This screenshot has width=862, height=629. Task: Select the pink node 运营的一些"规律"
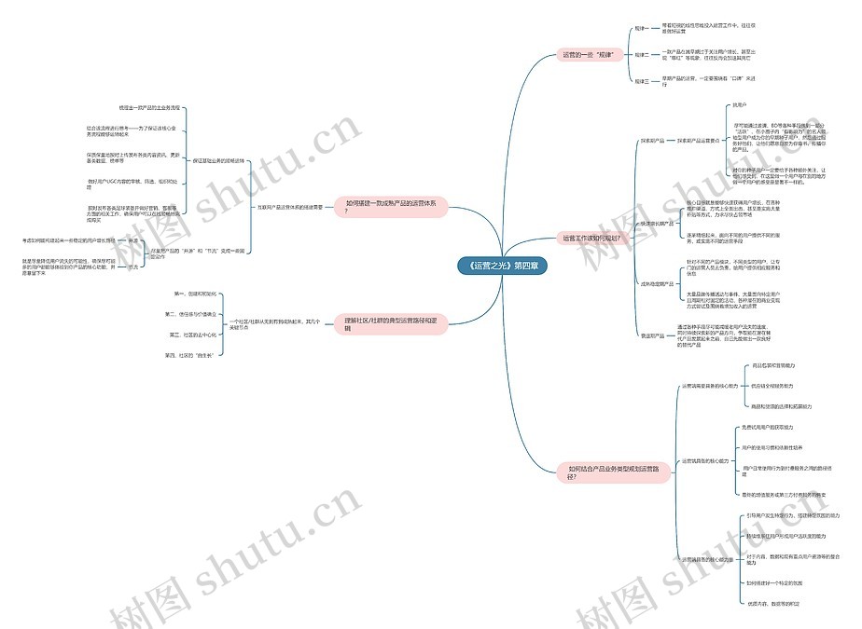click(591, 55)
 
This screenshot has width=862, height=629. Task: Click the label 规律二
click(641, 55)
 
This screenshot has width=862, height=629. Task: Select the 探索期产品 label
click(652, 141)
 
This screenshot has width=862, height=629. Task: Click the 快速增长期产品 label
click(657, 224)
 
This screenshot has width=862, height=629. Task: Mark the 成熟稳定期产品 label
click(657, 282)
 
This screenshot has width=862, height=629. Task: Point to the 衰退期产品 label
click(652, 335)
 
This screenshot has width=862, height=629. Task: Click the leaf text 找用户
click(740, 105)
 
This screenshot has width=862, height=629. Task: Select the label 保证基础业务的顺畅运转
click(218, 160)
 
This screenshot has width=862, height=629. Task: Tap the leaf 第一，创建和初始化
click(195, 294)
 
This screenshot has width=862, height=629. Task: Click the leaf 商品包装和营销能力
click(773, 366)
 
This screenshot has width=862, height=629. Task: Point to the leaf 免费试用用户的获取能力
click(767, 427)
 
